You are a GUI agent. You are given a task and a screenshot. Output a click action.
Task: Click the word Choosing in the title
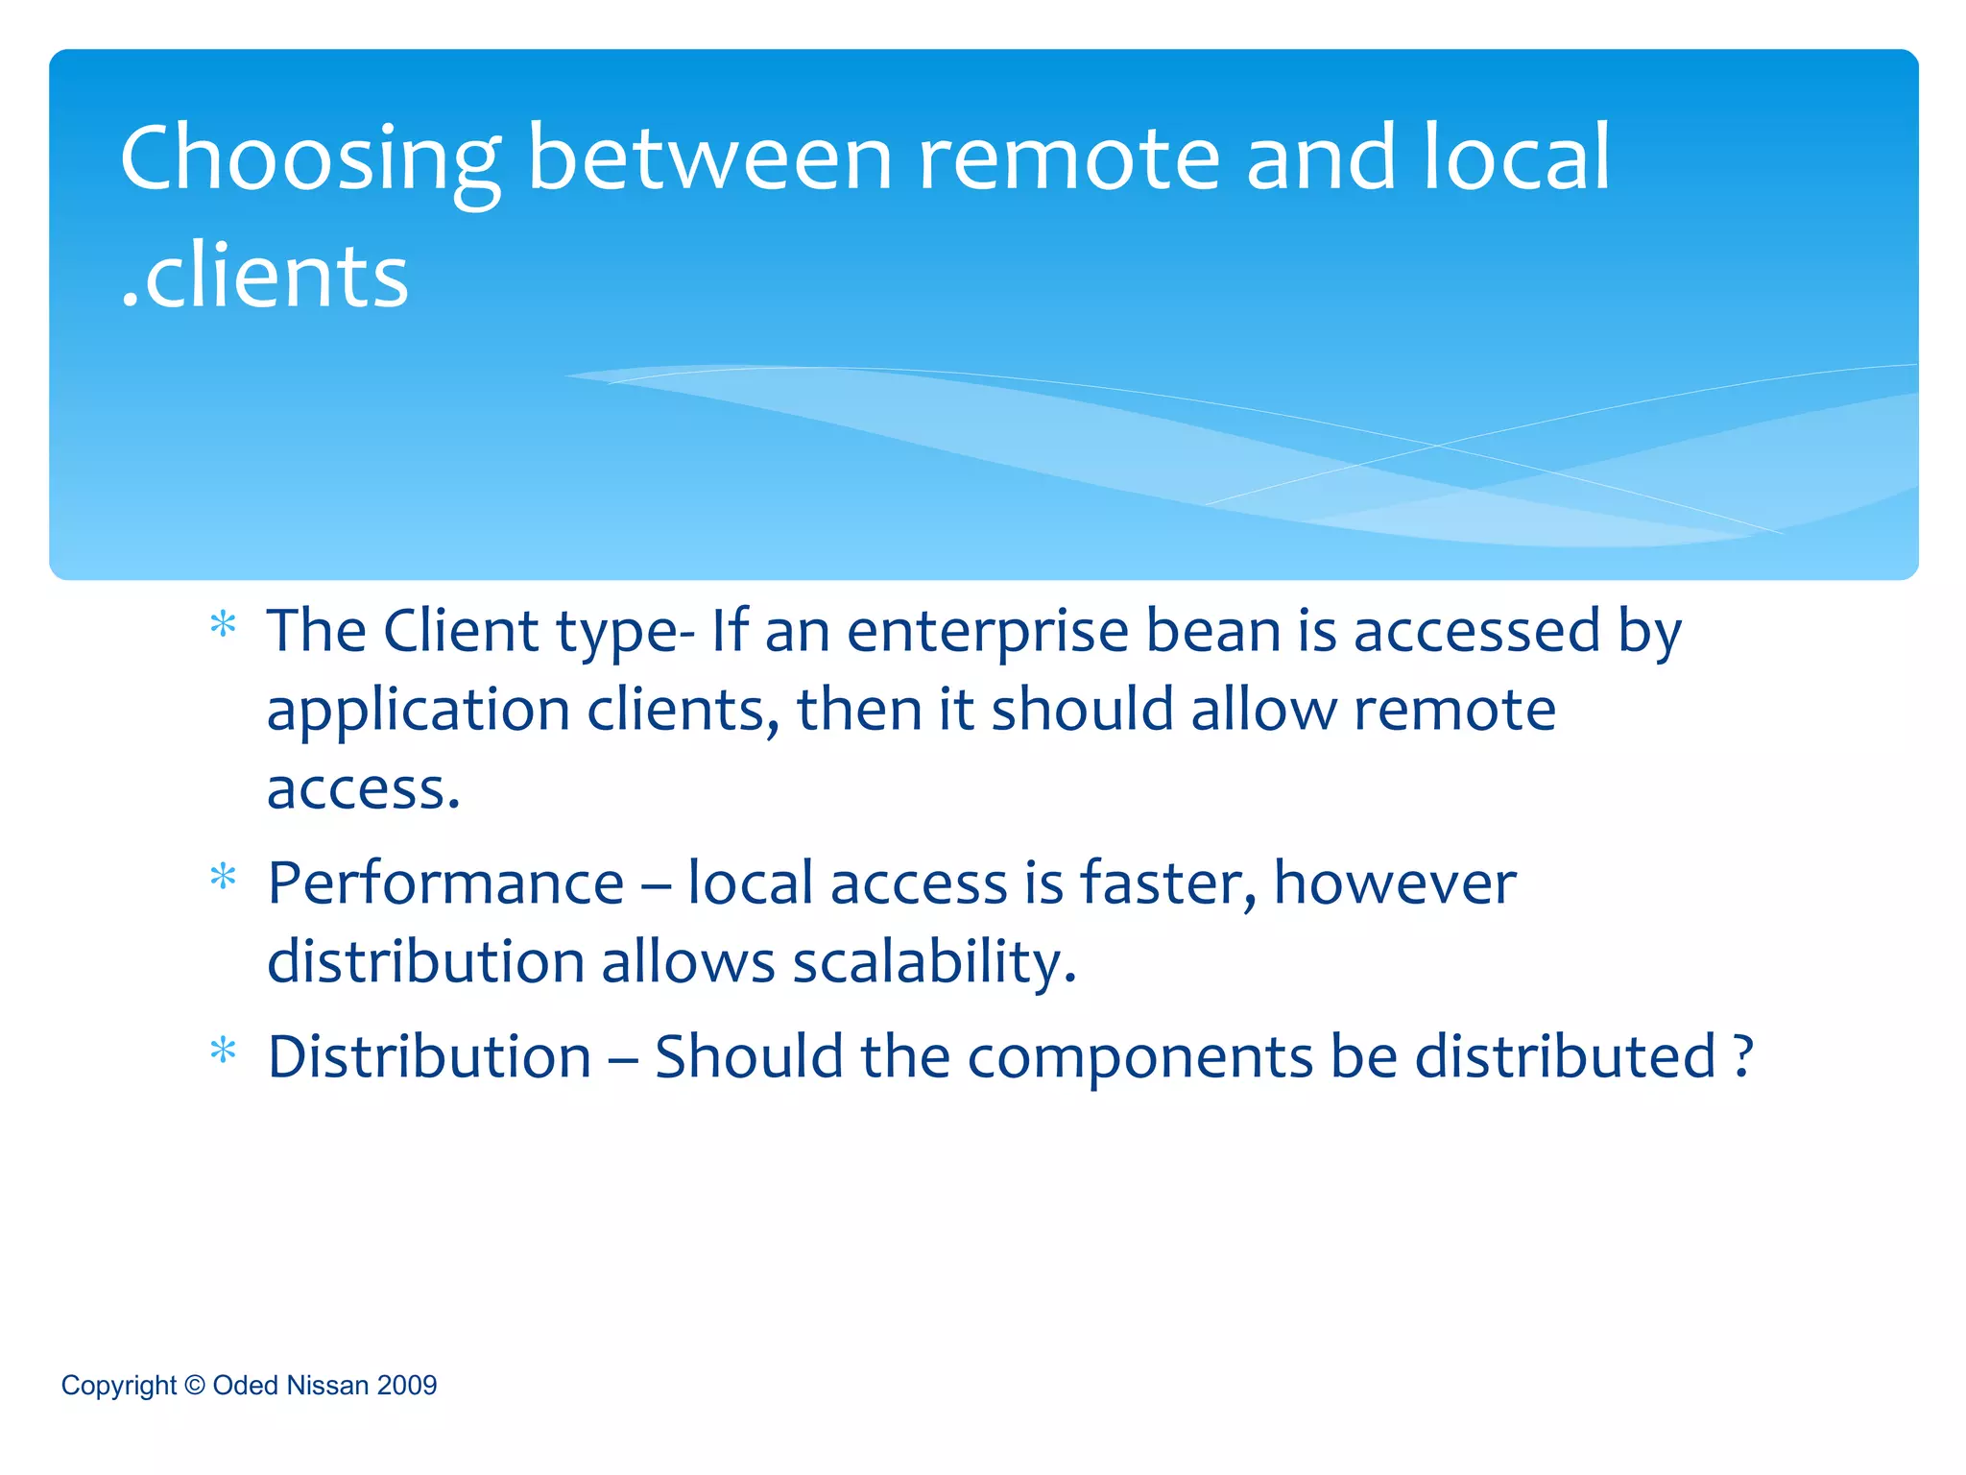pyautogui.click(x=309, y=160)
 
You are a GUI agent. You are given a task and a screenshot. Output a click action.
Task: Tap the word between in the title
pyautogui.click(x=709, y=158)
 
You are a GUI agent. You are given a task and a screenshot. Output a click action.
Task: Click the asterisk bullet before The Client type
pyautogui.click(x=223, y=626)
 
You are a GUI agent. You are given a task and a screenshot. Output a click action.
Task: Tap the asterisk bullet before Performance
pyautogui.click(x=223, y=878)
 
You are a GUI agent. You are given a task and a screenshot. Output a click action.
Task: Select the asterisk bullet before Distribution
pyautogui.click(x=223, y=1052)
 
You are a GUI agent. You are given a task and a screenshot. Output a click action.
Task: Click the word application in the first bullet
pyautogui.click(x=419, y=713)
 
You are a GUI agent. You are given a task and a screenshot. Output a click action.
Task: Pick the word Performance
pyautogui.click(x=445, y=883)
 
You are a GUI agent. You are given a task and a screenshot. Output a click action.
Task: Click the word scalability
pyautogui.click(x=934, y=963)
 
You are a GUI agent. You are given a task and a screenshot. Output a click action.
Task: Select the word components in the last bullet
pyautogui.click(x=1139, y=1058)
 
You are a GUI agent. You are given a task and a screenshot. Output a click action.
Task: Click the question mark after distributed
pyautogui.click(x=1744, y=1056)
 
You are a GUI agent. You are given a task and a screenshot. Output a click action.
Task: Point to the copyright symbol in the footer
pyautogui.click(x=195, y=1385)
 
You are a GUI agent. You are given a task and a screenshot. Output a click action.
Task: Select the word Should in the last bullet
pyautogui.click(x=748, y=1056)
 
